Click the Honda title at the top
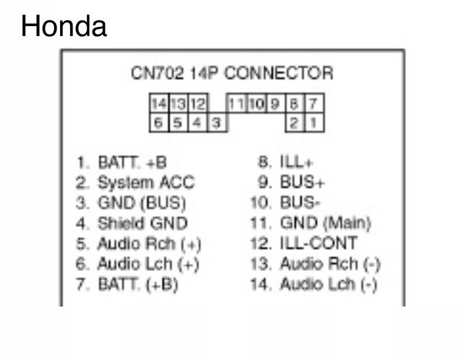click(x=64, y=26)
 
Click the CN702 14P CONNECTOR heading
click(x=232, y=73)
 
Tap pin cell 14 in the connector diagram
click(x=159, y=103)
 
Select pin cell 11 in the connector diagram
click(x=237, y=103)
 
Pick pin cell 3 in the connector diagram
click(x=217, y=122)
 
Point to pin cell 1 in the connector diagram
click(x=314, y=122)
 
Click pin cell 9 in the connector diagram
click(x=275, y=103)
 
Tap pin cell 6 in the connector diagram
click(x=159, y=122)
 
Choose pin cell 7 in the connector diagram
click(x=314, y=103)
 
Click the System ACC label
click(x=146, y=183)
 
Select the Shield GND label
click(x=143, y=223)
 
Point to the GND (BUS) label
click(x=142, y=203)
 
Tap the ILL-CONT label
click(x=318, y=243)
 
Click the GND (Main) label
click(x=326, y=223)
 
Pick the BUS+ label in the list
click(x=302, y=182)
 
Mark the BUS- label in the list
click(x=300, y=202)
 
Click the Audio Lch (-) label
click(x=328, y=284)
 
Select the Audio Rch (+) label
click(x=150, y=244)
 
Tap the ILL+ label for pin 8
click(x=296, y=162)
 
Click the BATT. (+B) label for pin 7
click(x=138, y=285)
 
